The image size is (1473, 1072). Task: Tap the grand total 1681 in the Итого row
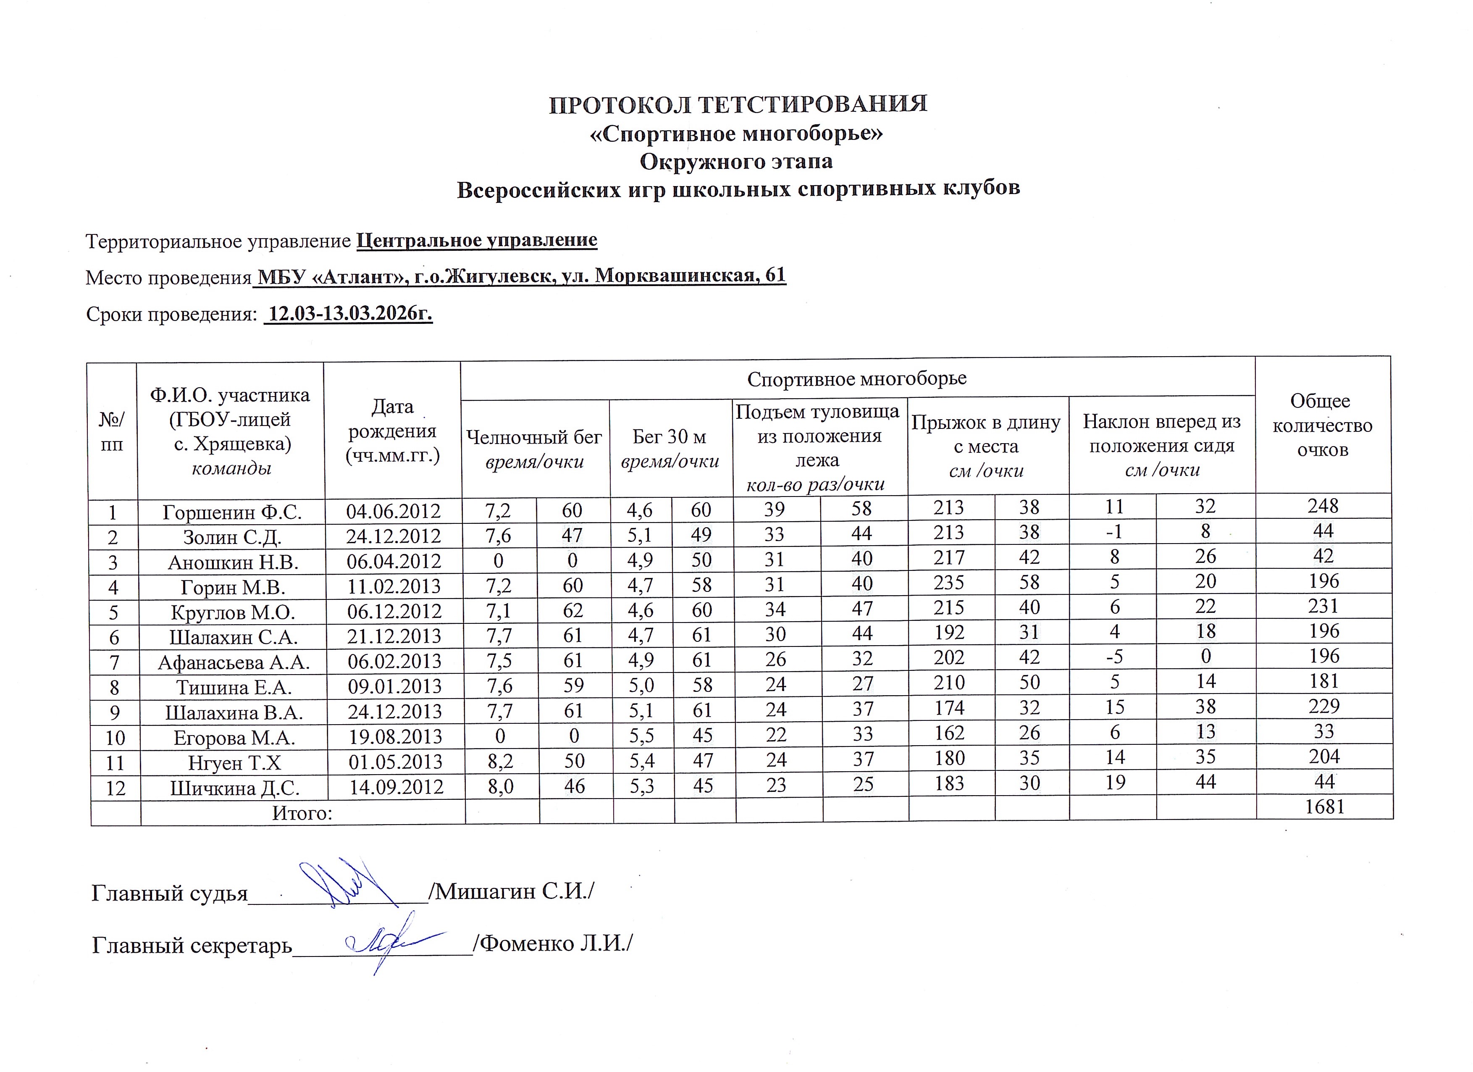pos(1323,807)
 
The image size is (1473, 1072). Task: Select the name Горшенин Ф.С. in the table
pos(232,512)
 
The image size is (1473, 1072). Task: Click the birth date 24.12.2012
pos(394,537)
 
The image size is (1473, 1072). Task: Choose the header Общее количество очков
pos(1322,426)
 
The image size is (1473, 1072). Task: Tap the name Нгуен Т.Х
pos(234,763)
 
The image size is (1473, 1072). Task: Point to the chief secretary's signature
pos(383,939)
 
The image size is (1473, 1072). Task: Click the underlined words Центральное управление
pos(477,240)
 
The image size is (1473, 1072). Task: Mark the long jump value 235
pos(948,582)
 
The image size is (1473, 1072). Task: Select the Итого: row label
pos(302,813)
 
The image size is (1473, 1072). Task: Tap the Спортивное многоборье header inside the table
pos(857,379)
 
